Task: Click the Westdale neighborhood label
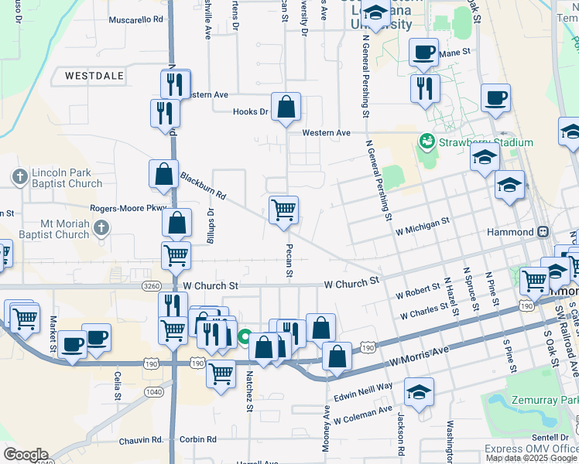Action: coord(94,77)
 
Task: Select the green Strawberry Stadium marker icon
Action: coord(425,142)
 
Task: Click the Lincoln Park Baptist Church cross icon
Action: coord(21,177)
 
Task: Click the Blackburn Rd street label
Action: coord(202,186)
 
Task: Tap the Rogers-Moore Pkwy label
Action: coord(128,207)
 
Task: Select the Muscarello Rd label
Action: coord(136,19)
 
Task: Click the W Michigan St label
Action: coord(422,222)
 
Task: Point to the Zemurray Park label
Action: coord(544,401)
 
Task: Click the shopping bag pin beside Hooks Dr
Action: coord(286,107)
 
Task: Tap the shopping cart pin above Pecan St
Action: coord(284,210)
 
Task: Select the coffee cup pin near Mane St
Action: coord(423,53)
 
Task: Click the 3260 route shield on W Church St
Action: coord(152,285)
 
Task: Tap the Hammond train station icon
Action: coord(543,231)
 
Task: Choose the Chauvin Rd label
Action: coord(141,440)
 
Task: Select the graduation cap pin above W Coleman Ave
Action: coord(419,392)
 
